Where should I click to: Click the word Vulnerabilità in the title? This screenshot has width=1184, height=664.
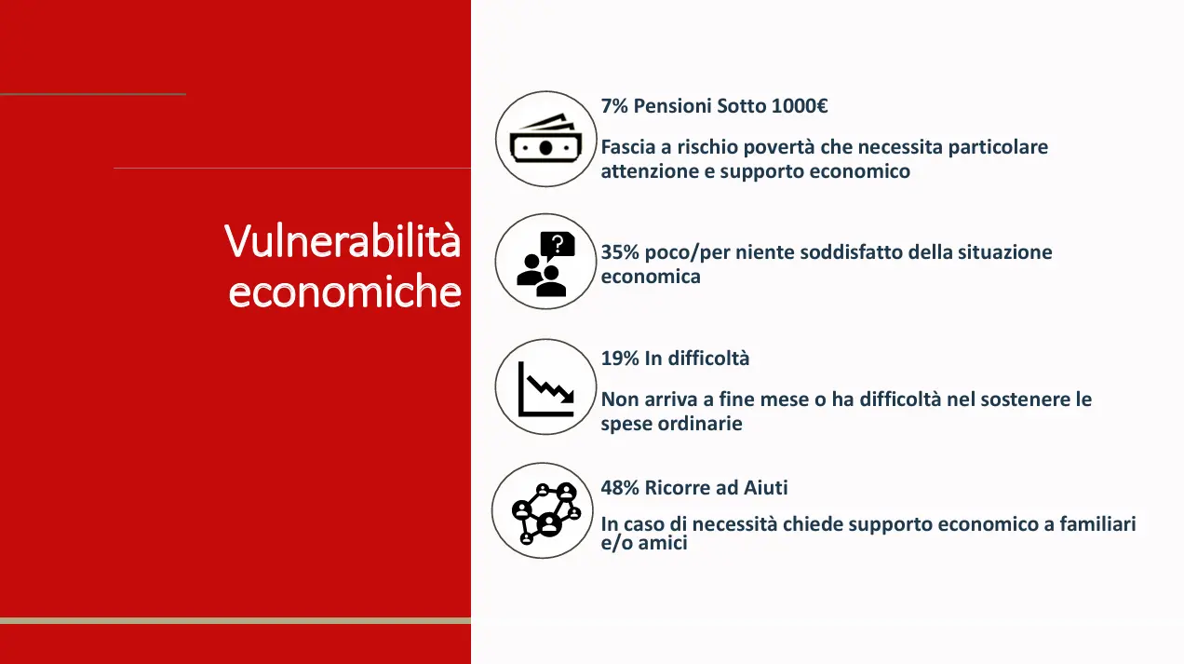[x=343, y=240]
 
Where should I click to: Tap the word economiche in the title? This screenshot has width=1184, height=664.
[x=344, y=291]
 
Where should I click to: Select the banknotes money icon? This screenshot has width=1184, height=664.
[x=545, y=139]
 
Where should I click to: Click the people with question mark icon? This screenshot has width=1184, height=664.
[x=545, y=264]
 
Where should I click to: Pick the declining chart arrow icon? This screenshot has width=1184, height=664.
[x=545, y=389]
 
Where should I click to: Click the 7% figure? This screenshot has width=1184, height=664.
[x=614, y=106]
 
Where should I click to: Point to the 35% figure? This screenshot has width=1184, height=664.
[x=620, y=252]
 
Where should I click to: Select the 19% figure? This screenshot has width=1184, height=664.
[x=620, y=359]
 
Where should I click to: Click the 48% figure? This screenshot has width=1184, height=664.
[x=620, y=487]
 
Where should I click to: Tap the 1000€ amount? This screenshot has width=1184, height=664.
[x=800, y=106]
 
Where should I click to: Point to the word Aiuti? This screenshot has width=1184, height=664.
[x=765, y=487]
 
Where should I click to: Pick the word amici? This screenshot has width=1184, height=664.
[x=663, y=543]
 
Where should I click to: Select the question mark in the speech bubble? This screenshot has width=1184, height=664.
[x=558, y=244]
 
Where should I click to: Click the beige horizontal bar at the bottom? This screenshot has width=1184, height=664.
[x=235, y=620]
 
